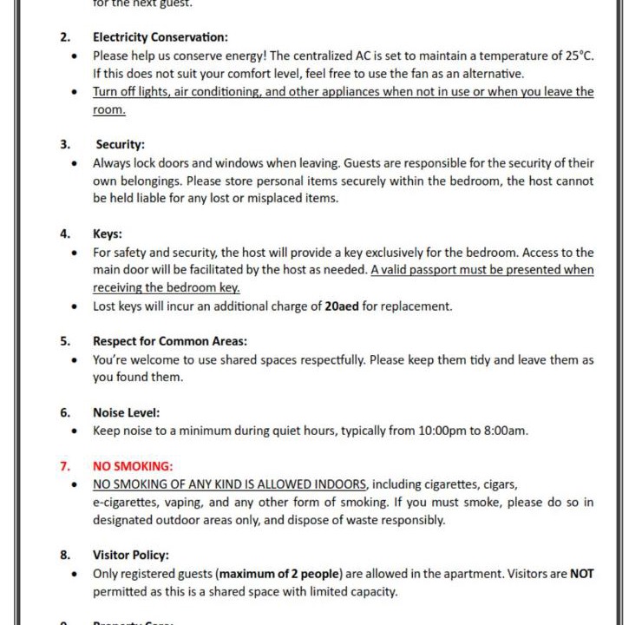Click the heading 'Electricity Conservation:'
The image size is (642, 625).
[160, 37]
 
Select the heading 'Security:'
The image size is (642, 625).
[120, 144]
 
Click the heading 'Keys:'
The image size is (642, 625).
[108, 234]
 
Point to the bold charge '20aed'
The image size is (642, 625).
[342, 306]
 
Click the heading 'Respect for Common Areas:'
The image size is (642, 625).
[169, 341]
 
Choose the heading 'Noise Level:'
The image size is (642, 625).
[127, 412]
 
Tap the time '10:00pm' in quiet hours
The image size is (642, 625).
[442, 431]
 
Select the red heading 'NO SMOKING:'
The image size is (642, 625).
[133, 466]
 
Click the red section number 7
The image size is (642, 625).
[64, 466]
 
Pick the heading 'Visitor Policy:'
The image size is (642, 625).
[131, 555]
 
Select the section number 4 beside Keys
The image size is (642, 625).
[64, 234]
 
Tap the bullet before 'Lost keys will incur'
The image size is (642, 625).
[75, 306]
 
